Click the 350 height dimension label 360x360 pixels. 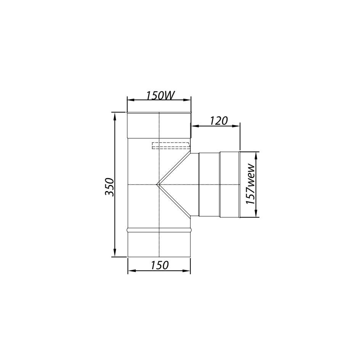tap(110, 186)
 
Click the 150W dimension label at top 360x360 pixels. tap(160, 95)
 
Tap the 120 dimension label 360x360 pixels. tap(219, 121)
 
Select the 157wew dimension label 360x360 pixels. tap(251, 184)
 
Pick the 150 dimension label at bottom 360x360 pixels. tap(159, 265)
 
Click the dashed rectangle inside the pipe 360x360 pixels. tap(171, 146)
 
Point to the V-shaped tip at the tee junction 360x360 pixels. tap(157, 184)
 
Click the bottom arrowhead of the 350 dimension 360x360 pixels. tap(115, 253)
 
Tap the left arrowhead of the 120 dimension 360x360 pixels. tap(195, 125)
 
